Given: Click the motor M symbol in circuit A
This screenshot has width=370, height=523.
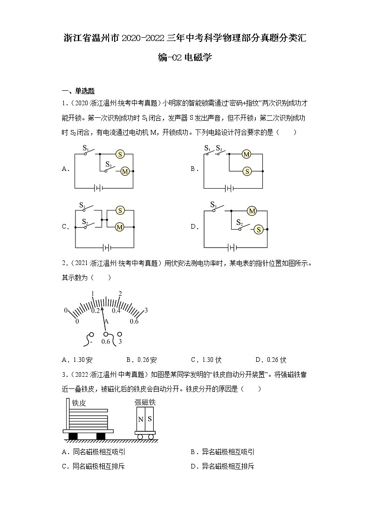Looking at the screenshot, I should point(124,171).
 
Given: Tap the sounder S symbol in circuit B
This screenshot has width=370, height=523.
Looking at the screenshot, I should point(247,171).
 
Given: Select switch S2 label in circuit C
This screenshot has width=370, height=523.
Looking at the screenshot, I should point(84,222).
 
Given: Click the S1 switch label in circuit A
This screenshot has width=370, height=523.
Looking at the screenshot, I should point(86,148).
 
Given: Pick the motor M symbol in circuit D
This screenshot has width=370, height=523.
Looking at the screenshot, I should point(252,211).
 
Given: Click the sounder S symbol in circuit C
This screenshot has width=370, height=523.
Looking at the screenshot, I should point(120,211).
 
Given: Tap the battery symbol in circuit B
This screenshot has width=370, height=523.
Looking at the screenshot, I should point(228,188).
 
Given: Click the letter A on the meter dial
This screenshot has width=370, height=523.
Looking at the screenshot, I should point(106,321).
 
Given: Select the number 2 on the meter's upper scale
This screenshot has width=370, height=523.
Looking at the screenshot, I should point(120,293).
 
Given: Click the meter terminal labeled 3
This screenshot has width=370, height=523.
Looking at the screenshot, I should point(120,342).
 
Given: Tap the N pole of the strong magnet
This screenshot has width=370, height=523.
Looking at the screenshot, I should point(140,419).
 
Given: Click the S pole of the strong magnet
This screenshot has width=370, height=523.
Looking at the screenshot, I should point(150,419).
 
